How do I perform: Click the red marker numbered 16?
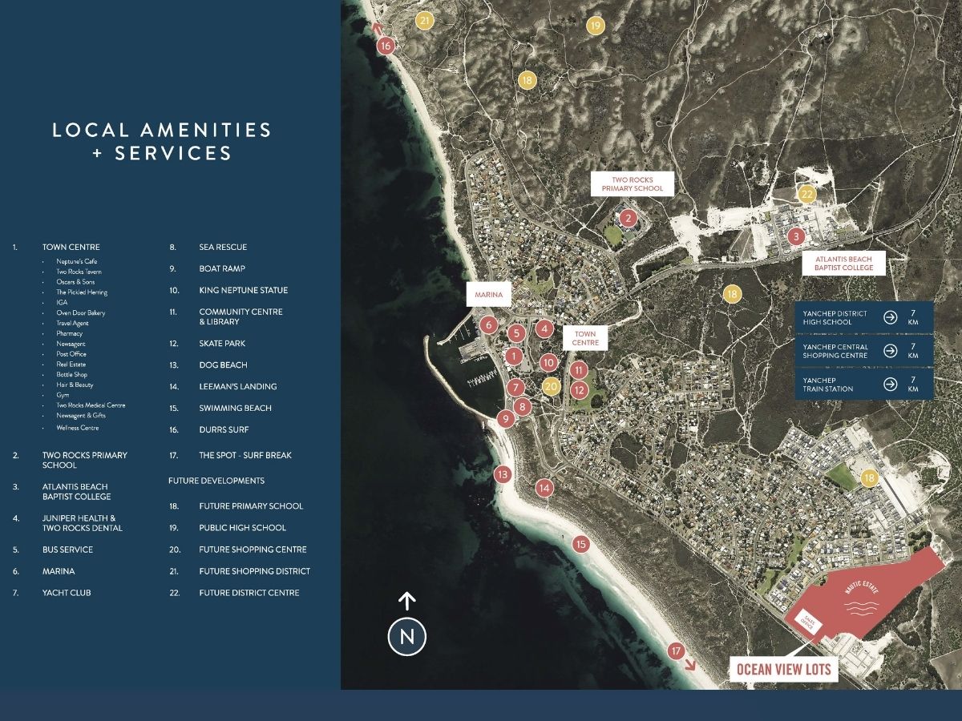coord(386,46)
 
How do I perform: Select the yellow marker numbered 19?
coord(595,26)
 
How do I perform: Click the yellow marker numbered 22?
coord(807,194)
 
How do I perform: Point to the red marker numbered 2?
coord(629,218)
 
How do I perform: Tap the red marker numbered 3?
coord(795,236)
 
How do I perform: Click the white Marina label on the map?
coord(489,295)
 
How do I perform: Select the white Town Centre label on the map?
coord(585,338)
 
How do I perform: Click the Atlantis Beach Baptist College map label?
coord(844,263)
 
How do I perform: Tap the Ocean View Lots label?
coord(783,669)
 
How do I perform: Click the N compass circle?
coord(407,638)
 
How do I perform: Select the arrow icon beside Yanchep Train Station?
coord(890,384)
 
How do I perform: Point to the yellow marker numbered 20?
coord(551,386)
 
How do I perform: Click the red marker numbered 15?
coord(581,545)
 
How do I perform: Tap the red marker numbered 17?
coord(676,651)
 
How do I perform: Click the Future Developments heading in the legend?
coord(216,481)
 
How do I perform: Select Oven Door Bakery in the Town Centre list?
coord(80,312)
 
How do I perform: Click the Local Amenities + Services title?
coord(162,141)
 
